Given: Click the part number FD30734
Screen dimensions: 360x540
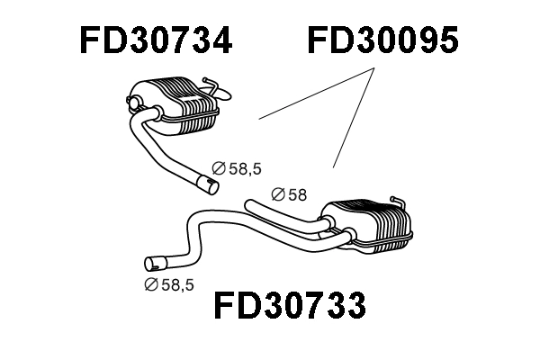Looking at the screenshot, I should pos(155,40).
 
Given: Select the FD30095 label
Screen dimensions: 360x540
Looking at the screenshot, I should pos(383,40).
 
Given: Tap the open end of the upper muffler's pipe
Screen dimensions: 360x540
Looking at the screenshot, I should pos(208,185).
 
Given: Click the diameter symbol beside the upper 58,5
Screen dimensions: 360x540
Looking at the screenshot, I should pos(217,167).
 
